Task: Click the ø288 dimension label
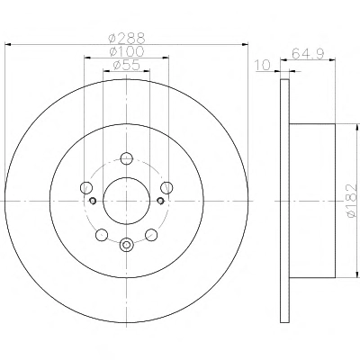(x=127, y=38)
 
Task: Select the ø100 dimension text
(x=127, y=51)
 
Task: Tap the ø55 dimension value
(x=126, y=65)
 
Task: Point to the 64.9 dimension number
(x=308, y=54)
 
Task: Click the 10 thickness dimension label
(x=263, y=65)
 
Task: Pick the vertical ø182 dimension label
(x=351, y=200)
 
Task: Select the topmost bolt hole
(x=126, y=158)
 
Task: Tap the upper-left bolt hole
(x=86, y=187)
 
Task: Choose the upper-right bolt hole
(x=166, y=187)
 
